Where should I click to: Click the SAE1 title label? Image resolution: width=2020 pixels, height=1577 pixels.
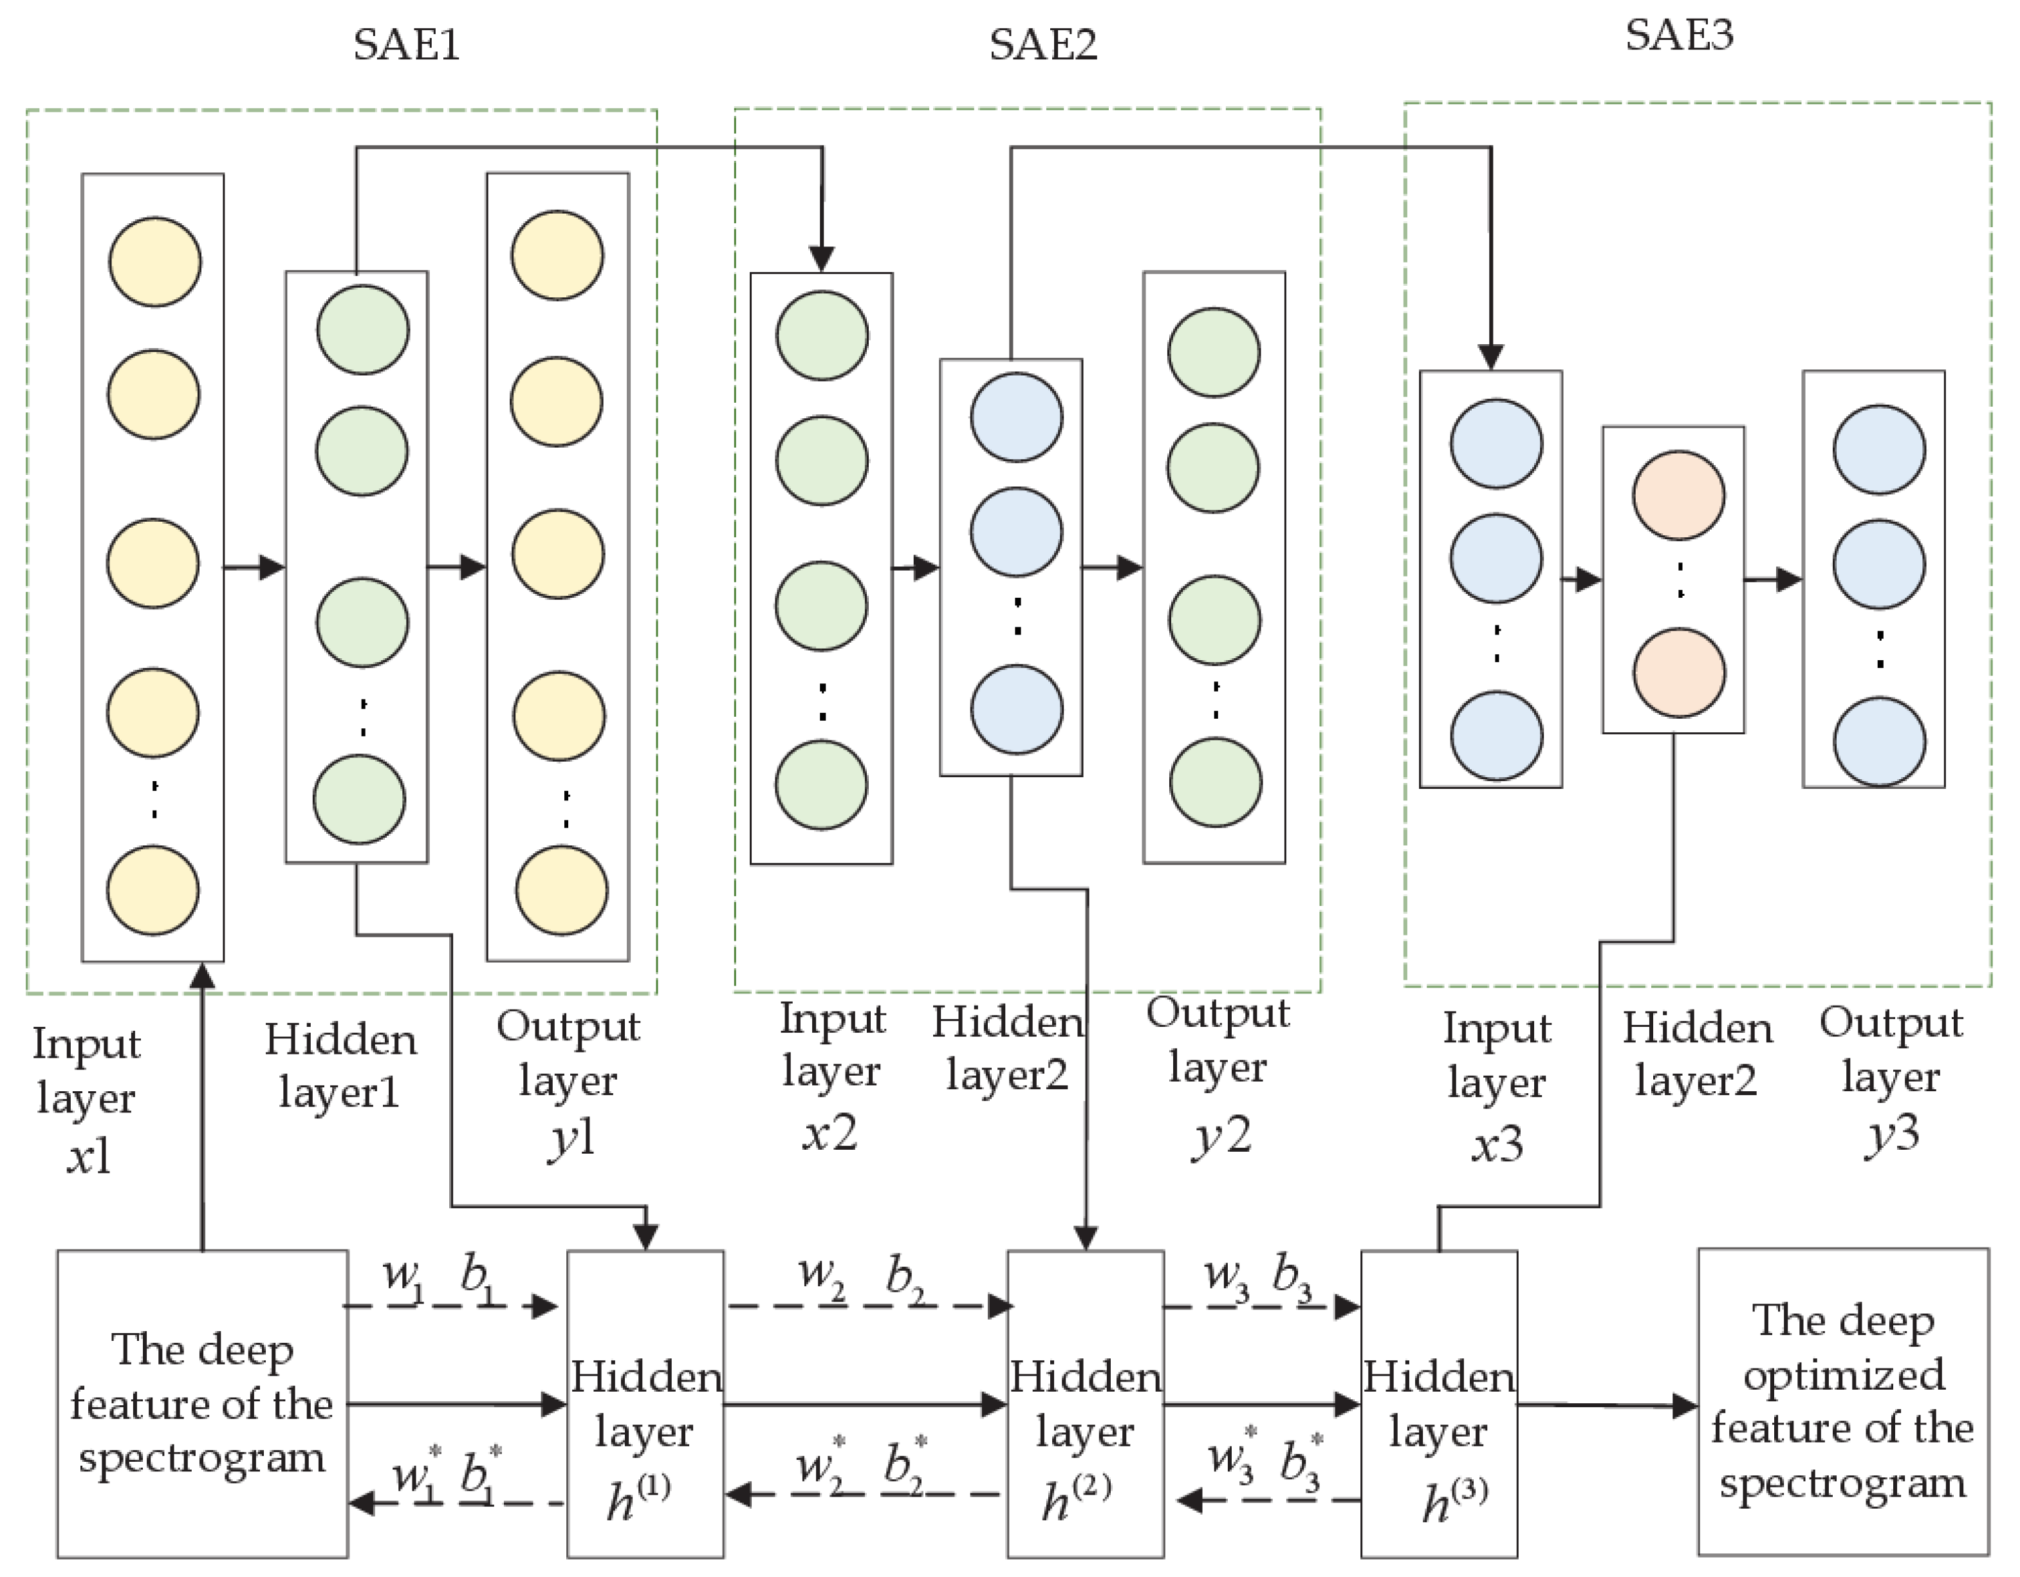(x=407, y=44)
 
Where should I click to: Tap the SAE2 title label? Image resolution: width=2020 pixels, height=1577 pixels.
(x=1042, y=44)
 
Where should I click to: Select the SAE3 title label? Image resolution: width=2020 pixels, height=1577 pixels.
(x=1679, y=35)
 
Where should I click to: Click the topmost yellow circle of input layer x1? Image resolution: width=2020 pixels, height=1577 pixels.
(x=154, y=262)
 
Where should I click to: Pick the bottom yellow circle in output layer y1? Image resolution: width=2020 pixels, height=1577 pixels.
(x=561, y=890)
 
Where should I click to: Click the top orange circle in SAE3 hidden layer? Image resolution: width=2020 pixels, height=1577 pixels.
(x=1678, y=495)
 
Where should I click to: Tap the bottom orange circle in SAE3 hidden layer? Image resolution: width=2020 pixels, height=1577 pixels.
(x=1678, y=672)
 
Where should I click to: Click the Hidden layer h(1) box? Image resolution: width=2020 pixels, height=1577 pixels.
(x=645, y=1404)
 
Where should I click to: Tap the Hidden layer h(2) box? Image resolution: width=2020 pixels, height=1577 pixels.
(x=1085, y=1404)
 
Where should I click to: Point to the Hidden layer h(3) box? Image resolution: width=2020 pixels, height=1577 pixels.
(x=1438, y=1404)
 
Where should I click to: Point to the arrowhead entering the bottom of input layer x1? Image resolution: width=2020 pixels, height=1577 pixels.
(x=203, y=977)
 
